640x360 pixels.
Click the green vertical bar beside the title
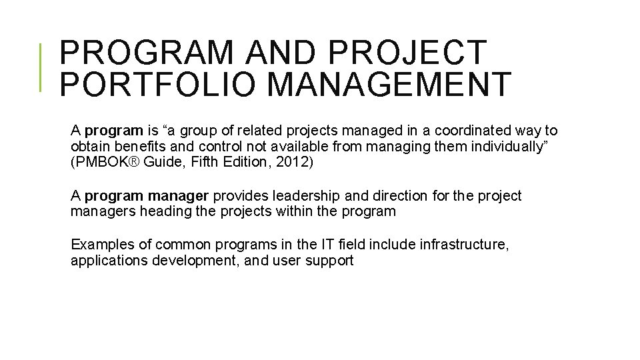[x=41, y=67]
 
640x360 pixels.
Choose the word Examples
[x=99, y=245]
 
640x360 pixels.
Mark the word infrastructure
[x=464, y=245]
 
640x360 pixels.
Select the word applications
[x=107, y=261]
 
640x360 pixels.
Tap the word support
[x=330, y=261]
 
